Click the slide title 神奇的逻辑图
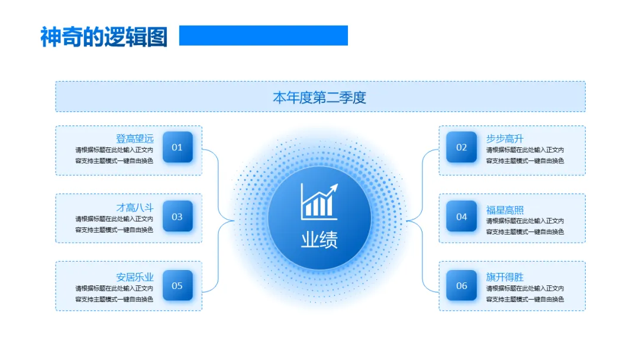click(104, 37)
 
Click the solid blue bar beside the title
click(263, 36)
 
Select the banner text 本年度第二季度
click(319, 97)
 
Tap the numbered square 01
click(177, 147)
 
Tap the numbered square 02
click(461, 147)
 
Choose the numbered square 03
click(177, 217)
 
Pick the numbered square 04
click(461, 217)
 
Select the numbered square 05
click(177, 285)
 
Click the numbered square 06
click(461, 285)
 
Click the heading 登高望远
click(134, 139)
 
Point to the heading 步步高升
click(505, 139)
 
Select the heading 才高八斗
click(134, 208)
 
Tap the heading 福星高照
click(505, 210)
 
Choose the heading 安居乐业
click(134, 277)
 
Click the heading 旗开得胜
click(505, 277)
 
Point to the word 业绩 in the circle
click(319, 240)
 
